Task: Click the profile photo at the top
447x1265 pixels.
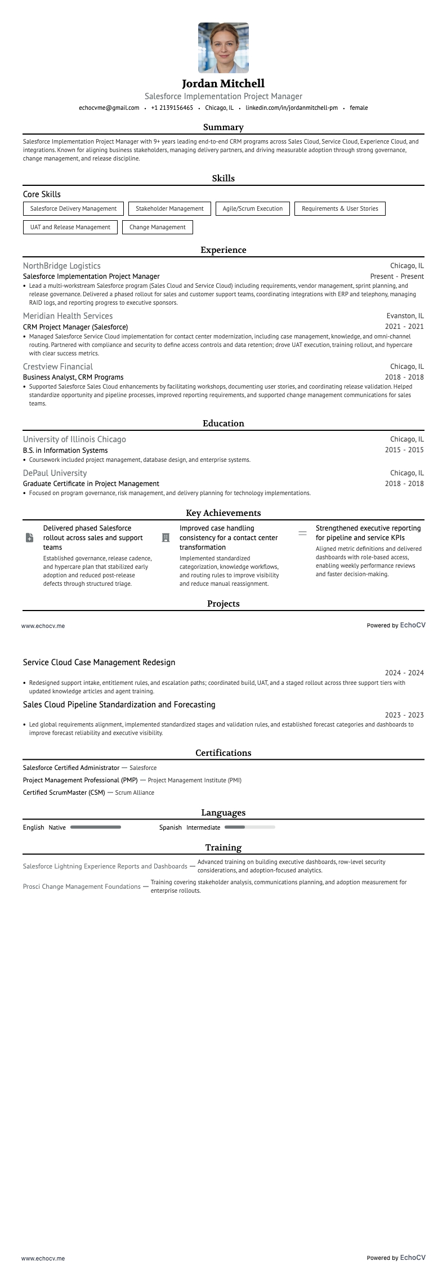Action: click(x=223, y=48)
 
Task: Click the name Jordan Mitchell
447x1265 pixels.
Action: click(x=223, y=84)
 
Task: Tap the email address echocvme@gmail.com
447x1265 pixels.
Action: click(x=109, y=108)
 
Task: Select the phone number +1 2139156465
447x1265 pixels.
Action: click(x=172, y=108)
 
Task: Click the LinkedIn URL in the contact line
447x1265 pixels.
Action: click(x=292, y=108)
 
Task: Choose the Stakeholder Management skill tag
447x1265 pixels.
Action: click(x=169, y=208)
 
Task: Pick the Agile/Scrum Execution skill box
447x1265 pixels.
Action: click(x=253, y=208)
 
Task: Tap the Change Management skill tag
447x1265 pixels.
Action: click(x=158, y=227)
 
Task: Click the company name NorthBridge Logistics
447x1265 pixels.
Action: click(x=62, y=266)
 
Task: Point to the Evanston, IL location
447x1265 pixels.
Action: click(x=405, y=316)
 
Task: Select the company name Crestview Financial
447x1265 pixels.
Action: click(x=58, y=367)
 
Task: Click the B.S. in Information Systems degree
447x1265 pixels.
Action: click(x=65, y=451)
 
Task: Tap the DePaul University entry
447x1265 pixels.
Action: click(x=55, y=473)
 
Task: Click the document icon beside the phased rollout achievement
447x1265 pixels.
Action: click(x=30, y=538)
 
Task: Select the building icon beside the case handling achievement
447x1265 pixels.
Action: click(x=166, y=538)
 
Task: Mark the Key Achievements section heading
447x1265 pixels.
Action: click(x=223, y=513)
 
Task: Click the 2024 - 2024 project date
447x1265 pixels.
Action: click(x=404, y=673)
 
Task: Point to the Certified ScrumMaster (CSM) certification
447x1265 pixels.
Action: click(x=64, y=792)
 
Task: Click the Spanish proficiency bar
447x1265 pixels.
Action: click(x=250, y=827)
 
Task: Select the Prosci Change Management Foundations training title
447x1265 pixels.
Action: click(x=82, y=887)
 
